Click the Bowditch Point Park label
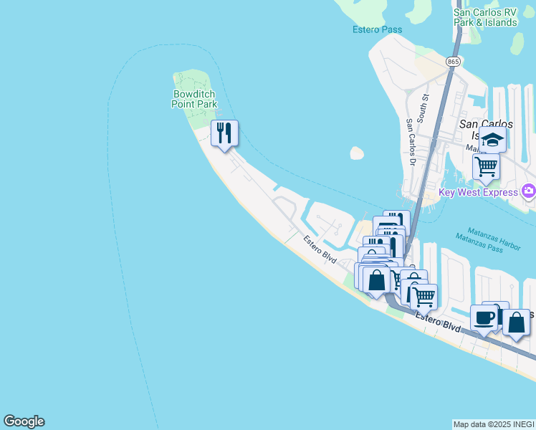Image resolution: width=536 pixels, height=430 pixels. (193, 99)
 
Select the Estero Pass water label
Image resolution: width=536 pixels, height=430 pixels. (377, 29)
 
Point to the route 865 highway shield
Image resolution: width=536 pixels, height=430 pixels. (452, 62)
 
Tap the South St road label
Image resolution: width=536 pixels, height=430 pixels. (424, 107)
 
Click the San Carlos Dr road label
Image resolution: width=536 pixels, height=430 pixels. (411, 135)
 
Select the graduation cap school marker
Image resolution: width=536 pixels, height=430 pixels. (492, 140)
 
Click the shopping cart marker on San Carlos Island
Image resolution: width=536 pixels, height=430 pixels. (486, 167)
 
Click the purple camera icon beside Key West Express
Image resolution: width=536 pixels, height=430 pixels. (529, 191)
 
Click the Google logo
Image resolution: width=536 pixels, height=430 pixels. (24, 421)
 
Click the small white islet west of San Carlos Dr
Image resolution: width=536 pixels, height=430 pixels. (357, 153)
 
